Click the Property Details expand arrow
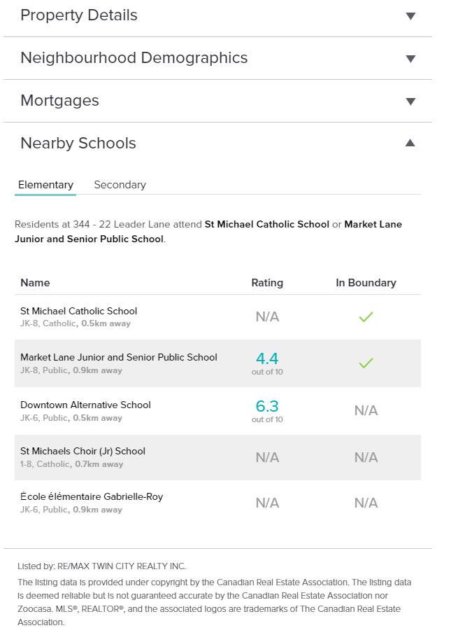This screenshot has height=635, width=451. click(x=410, y=16)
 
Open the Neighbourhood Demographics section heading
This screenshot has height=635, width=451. click(x=134, y=58)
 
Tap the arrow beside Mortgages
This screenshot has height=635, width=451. click(x=410, y=102)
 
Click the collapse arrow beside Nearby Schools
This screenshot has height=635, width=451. click(x=410, y=144)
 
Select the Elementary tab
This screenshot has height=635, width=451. click(x=45, y=185)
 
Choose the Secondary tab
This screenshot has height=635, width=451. click(x=120, y=185)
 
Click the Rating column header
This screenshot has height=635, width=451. click(x=267, y=283)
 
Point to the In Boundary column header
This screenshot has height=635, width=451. click(x=366, y=283)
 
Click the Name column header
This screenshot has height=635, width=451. click(x=35, y=283)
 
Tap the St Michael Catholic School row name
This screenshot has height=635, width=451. click(x=78, y=311)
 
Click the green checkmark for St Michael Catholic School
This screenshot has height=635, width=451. click(x=366, y=317)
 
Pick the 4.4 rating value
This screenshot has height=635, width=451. click(x=267, y=358)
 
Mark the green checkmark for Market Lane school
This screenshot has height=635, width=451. click(x=366, y=363)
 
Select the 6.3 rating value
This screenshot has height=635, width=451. click(x=267, y=406)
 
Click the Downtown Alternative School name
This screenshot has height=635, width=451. click(x=85, y=405)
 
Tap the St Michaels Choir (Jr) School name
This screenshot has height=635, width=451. click(x=83, y=451)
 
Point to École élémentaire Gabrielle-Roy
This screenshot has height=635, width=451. click(x=92, y=496)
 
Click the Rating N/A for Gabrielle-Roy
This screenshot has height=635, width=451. click(x=267, y=503)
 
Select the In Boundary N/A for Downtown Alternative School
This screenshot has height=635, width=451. click(x=366, y=410)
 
